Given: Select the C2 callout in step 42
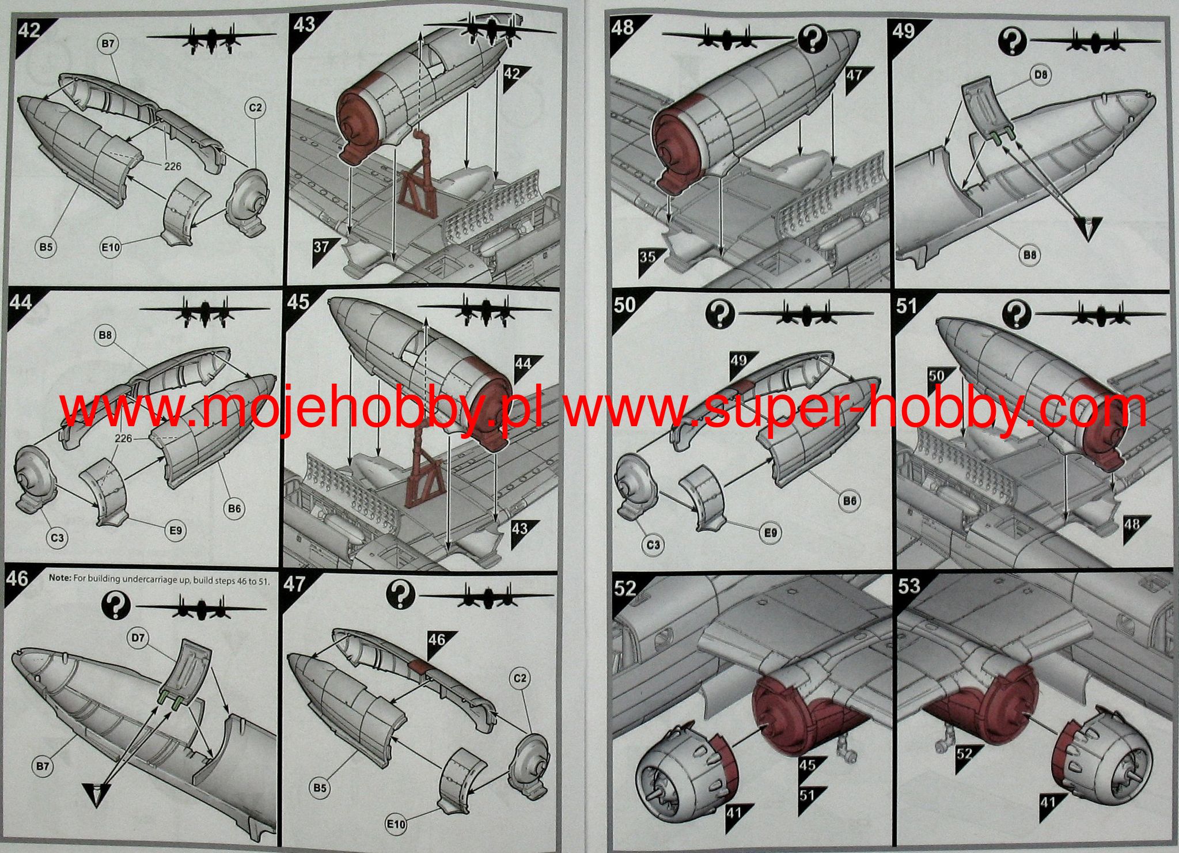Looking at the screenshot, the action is tap(255, 108).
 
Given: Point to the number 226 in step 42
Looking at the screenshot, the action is tap(172, 166).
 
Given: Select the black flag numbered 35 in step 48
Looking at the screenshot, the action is tap(649, 256).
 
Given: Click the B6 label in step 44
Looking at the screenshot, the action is tap(234, 509).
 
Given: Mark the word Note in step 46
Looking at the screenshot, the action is tap(59, 579).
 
